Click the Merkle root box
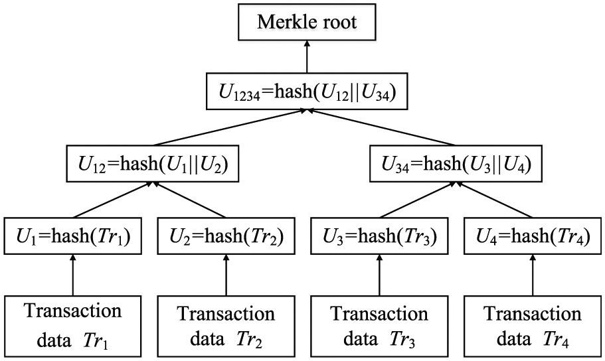(307, 22)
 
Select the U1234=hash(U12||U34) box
(307, 91)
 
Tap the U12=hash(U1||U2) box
(152, 163)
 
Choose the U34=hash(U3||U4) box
(456, 163)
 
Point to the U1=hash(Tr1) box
(73, 236)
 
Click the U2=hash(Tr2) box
(226, 236)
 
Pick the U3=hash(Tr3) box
(380, 236)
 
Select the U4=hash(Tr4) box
(533, 236)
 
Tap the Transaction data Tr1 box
(73, 326)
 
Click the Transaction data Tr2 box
(226, 326)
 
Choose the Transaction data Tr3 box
(380, 326)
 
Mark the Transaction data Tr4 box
(533, 326)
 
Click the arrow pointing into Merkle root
(307, 56)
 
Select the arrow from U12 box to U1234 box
(230, 127)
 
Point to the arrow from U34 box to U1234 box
(382, 127)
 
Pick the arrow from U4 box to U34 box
(495, 200)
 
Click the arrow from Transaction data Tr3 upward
(380, 275)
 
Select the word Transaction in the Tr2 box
(226, 314)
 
